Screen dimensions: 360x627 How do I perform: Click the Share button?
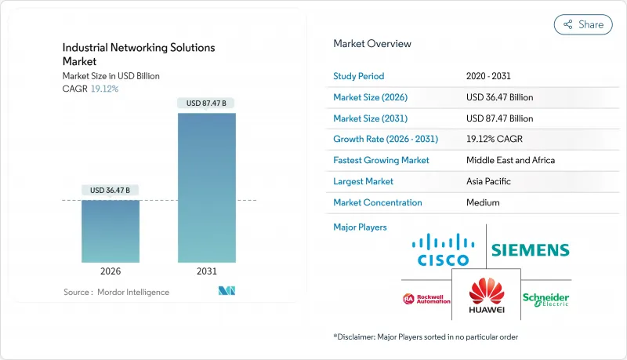pos(583,24)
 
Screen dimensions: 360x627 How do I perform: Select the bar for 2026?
pos(111,231)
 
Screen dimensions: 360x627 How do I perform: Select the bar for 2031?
pos(206,188)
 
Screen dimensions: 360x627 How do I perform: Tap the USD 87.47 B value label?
pos(206,103)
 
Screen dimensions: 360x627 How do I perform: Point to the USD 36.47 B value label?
pos(111,190)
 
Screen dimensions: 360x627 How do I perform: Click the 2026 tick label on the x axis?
pos(111,271)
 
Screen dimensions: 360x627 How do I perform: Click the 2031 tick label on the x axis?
pos(206,271)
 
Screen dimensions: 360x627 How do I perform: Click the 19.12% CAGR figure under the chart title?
pos(104,89)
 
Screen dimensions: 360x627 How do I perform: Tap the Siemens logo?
pos(530,250)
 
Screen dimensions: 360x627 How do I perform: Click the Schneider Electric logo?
pos(546,300)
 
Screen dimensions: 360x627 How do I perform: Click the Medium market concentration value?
pos(483,202)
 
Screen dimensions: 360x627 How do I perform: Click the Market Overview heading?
pos(372,44)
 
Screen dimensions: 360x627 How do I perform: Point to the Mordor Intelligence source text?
pos(116,292)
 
